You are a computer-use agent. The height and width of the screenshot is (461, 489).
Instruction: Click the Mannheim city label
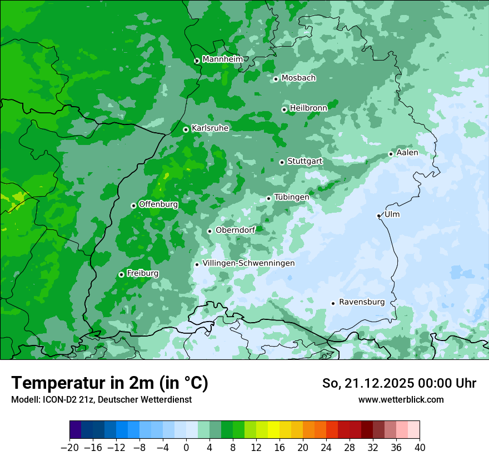(x=222, y=59)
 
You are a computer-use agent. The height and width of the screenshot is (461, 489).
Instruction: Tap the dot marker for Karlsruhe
(x=186, y=129)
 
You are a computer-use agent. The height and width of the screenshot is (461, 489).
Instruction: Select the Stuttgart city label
(x=305, y=161)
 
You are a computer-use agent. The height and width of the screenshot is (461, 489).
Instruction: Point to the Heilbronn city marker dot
(x=284, y=109)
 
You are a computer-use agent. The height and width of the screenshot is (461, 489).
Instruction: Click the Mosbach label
(x=298, y=78)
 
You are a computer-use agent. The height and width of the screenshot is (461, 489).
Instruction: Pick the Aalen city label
(x=407, y=153)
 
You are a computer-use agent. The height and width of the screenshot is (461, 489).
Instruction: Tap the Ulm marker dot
(x=378, y=216)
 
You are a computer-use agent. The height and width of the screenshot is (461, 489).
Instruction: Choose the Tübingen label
(x=292, y=197)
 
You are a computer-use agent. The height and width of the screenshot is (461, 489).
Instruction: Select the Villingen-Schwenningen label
(x=248, y=263)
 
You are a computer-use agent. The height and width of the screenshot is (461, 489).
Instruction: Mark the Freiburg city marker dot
(x=121, y=274)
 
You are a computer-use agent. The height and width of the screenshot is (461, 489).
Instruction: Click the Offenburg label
(x=158, y=204)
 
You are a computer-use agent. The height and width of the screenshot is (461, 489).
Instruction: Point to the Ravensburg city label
(x=362, y=302)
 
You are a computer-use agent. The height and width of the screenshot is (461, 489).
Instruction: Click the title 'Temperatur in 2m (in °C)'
(x=109, y=383)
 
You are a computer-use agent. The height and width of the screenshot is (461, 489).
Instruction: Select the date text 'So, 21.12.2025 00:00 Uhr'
(x=399, y=383)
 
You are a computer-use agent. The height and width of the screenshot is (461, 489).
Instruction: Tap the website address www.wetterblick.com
(x=401, y=400)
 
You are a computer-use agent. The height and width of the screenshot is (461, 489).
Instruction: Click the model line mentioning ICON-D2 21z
(x=101, y=400)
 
